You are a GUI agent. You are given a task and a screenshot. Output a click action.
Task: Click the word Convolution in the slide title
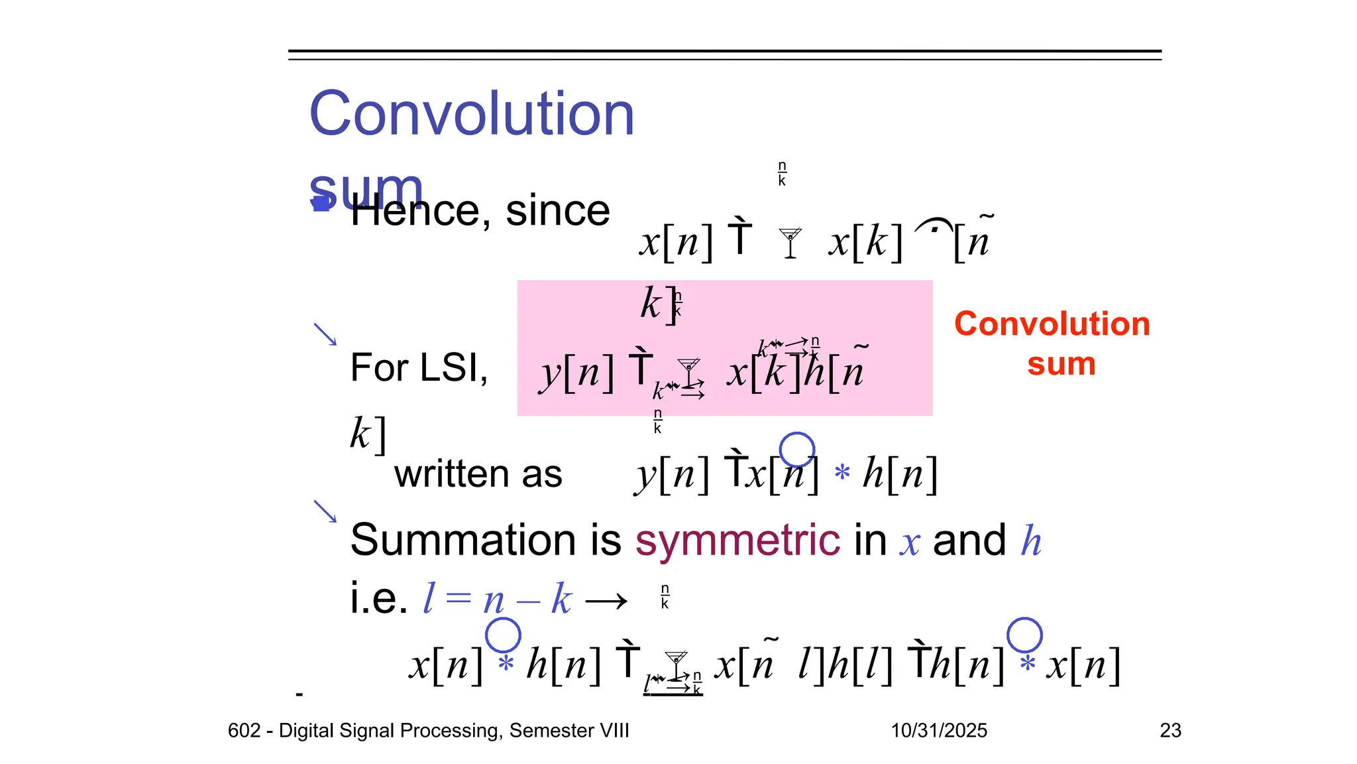coord(472,114)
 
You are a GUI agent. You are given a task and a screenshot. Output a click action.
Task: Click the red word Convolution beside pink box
coord(1052,324)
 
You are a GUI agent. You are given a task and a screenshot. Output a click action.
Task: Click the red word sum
coord(1061,365)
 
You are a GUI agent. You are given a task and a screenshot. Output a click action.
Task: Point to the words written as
coord(478,474)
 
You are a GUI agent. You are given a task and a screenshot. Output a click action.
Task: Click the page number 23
coord(1170,730)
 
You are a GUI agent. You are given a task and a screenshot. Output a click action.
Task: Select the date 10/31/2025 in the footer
coord(938,730)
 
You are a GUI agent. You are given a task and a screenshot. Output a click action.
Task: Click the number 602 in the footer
coord(244,730)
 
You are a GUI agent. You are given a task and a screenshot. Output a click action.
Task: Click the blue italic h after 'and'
coord(1031,541)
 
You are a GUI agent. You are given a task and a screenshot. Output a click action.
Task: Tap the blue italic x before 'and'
coord(910,542)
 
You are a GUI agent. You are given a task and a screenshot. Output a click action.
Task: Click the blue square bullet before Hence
coord(321,203)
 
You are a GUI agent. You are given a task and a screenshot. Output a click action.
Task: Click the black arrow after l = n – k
coord(606,602)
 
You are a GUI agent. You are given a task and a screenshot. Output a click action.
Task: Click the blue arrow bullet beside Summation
coord(325,511)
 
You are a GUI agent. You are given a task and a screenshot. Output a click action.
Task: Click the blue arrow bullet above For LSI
coord(325,334)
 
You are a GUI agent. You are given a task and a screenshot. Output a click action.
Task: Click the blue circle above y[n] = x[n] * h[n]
coord(796,450)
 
